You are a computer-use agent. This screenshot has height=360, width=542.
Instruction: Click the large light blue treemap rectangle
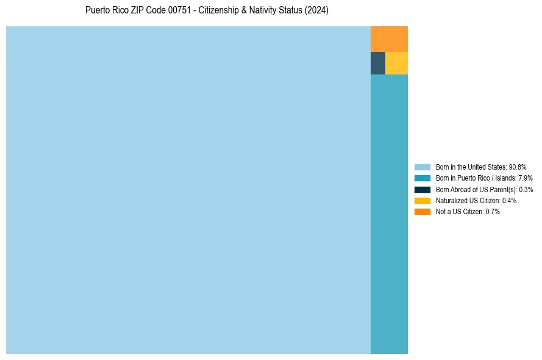188,190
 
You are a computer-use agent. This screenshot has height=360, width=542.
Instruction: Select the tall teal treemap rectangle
389,214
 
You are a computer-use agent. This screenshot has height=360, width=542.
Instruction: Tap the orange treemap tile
389,39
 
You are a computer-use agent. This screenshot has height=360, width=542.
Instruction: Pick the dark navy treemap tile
378,63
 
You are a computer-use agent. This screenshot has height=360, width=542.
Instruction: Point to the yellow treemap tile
396,63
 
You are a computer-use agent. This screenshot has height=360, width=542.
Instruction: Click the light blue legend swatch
422,167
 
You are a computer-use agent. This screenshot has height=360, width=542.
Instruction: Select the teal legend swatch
422,178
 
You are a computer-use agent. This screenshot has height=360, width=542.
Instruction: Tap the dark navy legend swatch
422,189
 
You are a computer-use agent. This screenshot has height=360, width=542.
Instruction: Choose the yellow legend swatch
422,200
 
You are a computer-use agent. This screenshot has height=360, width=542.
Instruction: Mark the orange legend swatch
422,212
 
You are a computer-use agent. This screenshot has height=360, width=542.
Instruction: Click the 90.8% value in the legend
517,167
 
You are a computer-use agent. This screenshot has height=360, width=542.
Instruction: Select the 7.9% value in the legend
526,178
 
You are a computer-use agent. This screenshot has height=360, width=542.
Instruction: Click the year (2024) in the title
317,10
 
